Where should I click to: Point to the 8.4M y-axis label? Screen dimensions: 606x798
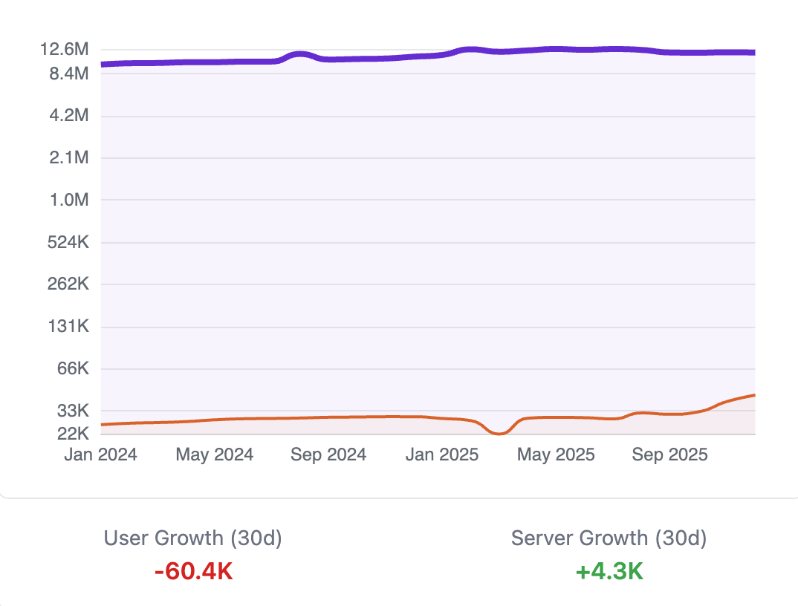tap(66, 74)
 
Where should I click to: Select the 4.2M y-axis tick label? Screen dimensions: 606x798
tap(66, 116)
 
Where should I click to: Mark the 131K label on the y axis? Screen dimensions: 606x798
tap(65, 327)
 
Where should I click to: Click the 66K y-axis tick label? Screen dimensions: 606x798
tap(71, 369)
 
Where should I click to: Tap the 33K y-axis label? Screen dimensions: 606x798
tap(71, 411)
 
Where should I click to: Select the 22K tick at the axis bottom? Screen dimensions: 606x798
tap(71, 433)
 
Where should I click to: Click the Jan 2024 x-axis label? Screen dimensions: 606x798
tap(100, 454)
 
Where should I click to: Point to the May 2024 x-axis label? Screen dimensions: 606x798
tap(214, 454)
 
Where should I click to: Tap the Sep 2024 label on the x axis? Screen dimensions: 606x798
tap(328, 454)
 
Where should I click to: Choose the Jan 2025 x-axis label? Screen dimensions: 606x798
tap(442, 454)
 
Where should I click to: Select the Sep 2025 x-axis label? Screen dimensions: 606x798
tap(670, 454)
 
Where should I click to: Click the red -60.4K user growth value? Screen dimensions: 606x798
tap(193, 572)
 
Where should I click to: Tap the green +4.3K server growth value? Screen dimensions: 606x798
tap(609, 572)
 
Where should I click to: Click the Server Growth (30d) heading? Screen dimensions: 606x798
tap(609, 538)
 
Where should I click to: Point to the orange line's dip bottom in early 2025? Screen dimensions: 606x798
tap(499, 433)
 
